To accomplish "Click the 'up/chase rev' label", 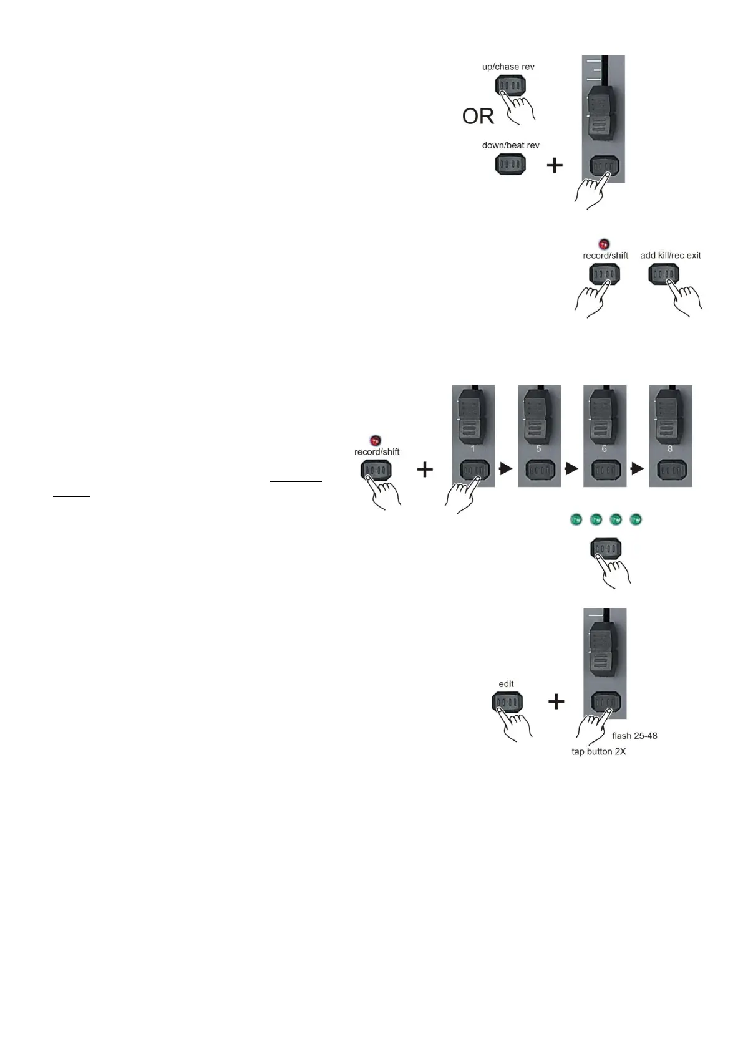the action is click(x=508, y=67).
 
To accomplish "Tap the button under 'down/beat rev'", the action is click(x=510, y=165).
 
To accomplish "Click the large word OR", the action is click(x=478, y=117).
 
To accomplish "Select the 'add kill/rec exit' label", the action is click(x=670, y=256).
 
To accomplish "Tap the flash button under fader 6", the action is click(x=604, y=470).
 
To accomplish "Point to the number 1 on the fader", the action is click(x=473, y=448).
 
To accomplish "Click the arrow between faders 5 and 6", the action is click(x=571, y=469).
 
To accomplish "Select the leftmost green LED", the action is click(x=576, y=519).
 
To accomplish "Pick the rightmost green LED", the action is click(x=636, y=519).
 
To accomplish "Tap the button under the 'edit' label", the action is click(x=507, y=703).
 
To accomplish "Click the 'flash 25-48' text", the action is click(x=634, y=736).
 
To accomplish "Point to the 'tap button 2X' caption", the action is click(x=598, y=752).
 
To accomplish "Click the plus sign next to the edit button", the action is click(x=556, y=702).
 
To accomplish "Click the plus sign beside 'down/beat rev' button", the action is click(x=555, y=166).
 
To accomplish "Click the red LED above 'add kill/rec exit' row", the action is click(x=603, y=244).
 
